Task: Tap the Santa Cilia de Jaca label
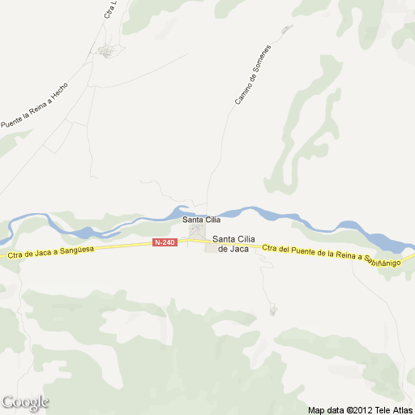pyautogui.click(x=234, y=244)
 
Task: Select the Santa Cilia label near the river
pyautogui.click(x=201, y=220)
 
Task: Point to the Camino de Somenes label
pyautogui.click(x=253, y=75)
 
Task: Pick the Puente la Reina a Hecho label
pyautogui.click(x=34, y=107)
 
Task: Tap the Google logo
pyautogui.click(x=25, y=402)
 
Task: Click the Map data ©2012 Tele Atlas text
pyautogui.click(x=360, y=409)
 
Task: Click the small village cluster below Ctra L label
pyautogui.click(x=107, y=53)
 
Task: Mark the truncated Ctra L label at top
pyautogui.click(x=111, y=10)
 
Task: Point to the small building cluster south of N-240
pyautogui.click(x=273, y=310)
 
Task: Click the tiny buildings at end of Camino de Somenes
pyautogui.click(x=285, y=30)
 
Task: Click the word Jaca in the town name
pyautogui.click(x=239, y=249)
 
